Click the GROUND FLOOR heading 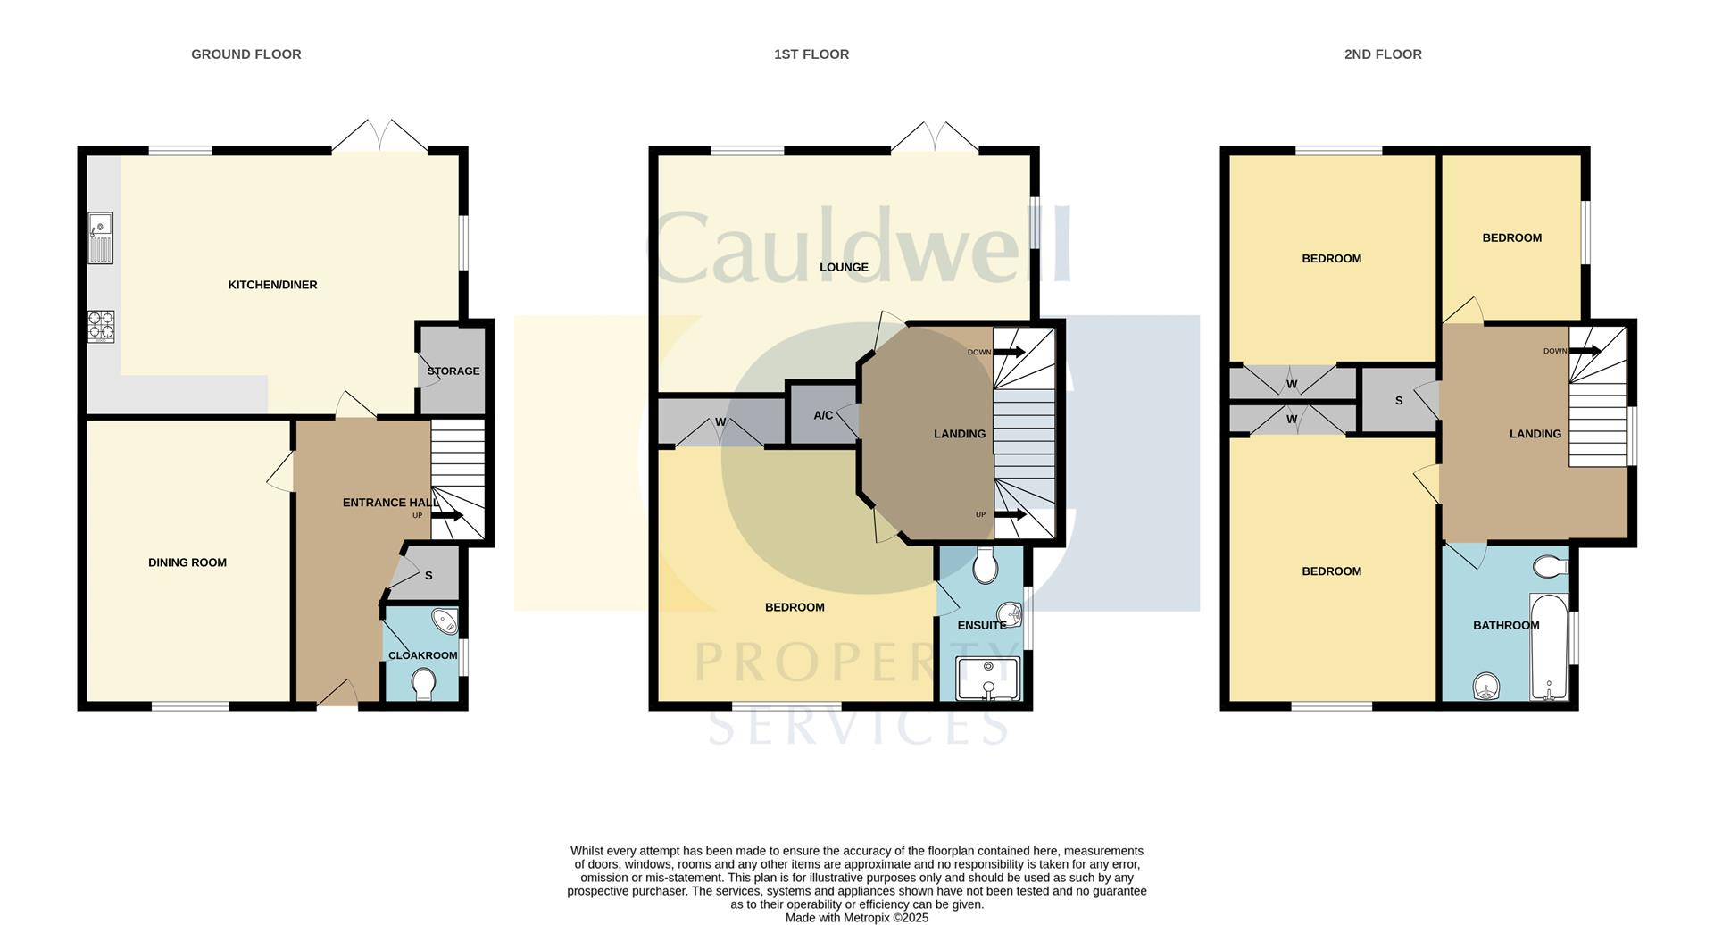tap(245, 54)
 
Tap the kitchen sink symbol tap(100, 238)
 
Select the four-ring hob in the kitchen tap(100, 326)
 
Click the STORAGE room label tap(453, 371)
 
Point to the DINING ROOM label tap(187, 562)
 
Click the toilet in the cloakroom tap(423, 685)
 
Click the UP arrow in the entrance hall tap(446, 515)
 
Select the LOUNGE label tap(844, 267)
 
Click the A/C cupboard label tap(823, 415)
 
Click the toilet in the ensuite tap(985, 565)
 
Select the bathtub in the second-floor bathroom tap(1548, 647)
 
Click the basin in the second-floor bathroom tap(1486, 687)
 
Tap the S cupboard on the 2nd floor tap(1399, 401)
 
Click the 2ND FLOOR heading tap(1382, 54)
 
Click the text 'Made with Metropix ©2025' tap(857, 917)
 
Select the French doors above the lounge tap(935, 136)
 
